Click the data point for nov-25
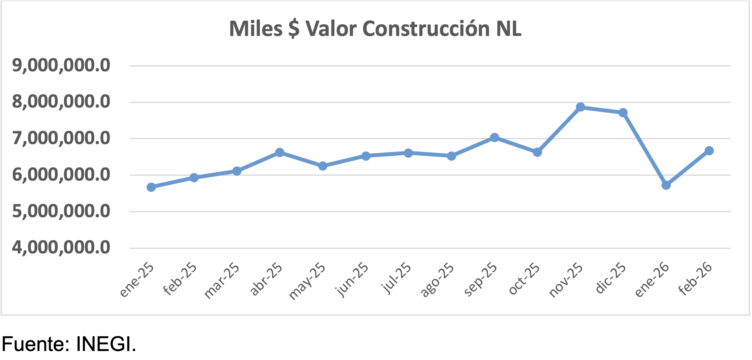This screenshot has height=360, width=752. point(580,107)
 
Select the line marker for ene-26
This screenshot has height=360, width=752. point(666,185)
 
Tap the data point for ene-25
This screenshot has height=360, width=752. point(151,187)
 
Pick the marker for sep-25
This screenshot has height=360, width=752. point(495,137)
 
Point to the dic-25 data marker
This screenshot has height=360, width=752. point(623,113)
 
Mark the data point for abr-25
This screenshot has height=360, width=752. point(280,152)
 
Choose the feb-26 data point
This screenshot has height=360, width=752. point(709,151)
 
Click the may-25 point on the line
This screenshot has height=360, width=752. point(323,166)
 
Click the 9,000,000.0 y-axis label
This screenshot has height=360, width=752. point(61,66)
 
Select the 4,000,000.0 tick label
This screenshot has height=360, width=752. point(61,248)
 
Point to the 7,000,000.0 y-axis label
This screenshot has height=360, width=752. point(61,138)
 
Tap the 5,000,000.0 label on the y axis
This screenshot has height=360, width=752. point(61,211)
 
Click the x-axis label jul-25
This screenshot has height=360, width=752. point(396,278)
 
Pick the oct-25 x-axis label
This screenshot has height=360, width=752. point(524,279)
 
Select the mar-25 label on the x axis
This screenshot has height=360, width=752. point(222,281)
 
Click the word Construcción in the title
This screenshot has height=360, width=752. point(427,29)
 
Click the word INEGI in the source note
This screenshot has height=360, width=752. point(106,344)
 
